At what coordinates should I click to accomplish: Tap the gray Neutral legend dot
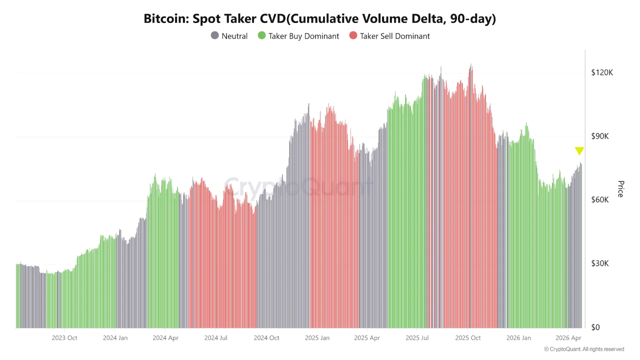[x=215, y=36]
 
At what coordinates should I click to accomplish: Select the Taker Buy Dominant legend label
[x=303, y=36]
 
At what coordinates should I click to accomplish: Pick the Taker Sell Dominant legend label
[x=394, y=36]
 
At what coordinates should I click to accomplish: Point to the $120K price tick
[x=601, y=72]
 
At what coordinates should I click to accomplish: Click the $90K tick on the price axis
[x=601, y=136]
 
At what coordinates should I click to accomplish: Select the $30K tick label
[x=601, y=263]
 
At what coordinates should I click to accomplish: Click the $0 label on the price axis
[x=595, y=327]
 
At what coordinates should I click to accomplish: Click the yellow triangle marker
[x=579, y=150]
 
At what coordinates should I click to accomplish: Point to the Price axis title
[x=620, y=189]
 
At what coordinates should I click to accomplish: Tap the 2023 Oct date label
[x=64, y=338]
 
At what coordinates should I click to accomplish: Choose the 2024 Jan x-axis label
[x=115, y=338]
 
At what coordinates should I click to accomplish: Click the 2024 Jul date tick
[x=215, y=338]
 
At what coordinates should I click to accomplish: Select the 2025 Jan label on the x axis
[x=317, y=338]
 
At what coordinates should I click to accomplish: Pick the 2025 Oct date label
[x=467, y=338]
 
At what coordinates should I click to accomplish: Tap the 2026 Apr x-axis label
[x=568, y=338]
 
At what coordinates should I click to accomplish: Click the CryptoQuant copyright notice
[x=583, y=349]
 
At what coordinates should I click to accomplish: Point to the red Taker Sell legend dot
[x=353, y=36]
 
